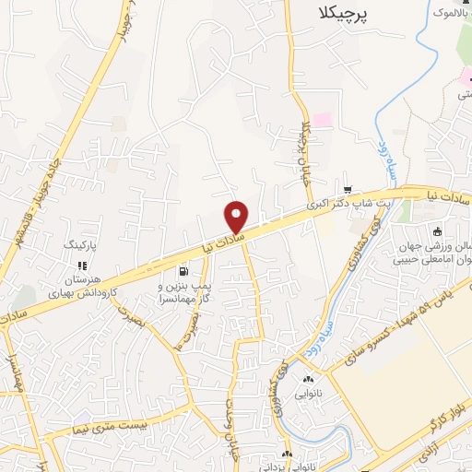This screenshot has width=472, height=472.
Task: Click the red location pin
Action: [x=238, y=217]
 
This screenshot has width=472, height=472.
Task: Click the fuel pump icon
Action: [x=184, y=272]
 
